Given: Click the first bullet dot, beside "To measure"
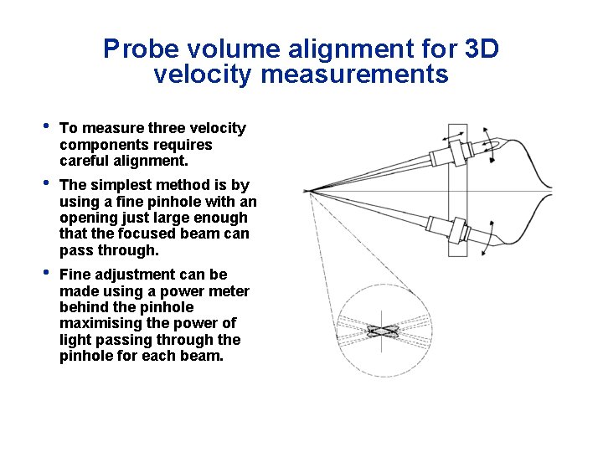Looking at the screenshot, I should [47, 128].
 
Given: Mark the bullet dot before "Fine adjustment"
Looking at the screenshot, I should [47, 275].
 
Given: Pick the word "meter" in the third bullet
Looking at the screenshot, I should [228, 291].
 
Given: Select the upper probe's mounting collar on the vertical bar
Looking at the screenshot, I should [458, 150].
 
